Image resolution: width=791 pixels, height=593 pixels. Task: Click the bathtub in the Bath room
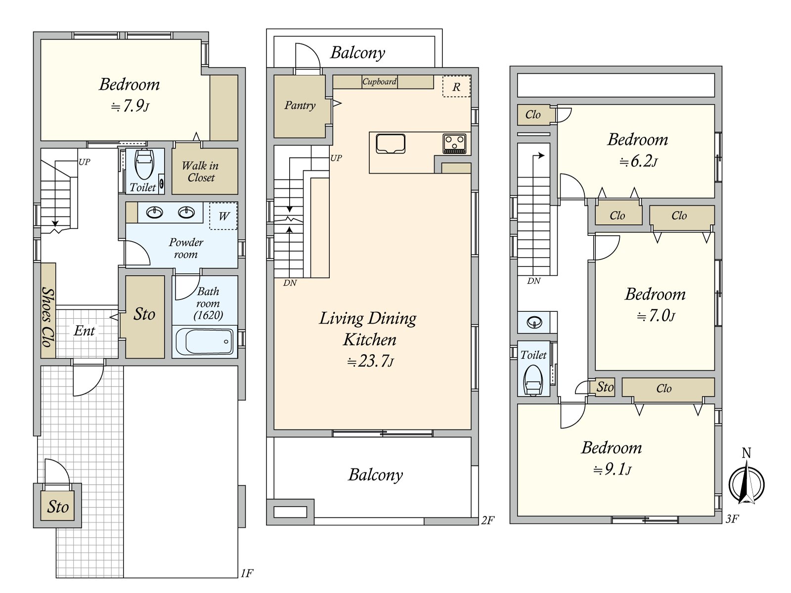click(x=205, y=341)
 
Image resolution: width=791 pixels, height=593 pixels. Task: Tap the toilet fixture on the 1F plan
click(x=144, y=164)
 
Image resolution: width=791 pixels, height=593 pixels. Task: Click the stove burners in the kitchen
click(x=454, y=144)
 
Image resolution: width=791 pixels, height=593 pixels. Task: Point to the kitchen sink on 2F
click(x=391, y=144)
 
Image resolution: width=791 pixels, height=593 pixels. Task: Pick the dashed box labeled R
click(x=456, y=86)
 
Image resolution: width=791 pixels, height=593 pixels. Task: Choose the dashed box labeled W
click(x=223, y=216)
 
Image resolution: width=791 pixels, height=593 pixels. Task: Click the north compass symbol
click(x=747, y=478)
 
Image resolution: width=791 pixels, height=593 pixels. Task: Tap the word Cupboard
click(x=380, y=82)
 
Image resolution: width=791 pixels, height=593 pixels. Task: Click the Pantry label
click(x=300, y=105)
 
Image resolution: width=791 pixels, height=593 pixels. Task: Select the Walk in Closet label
click(x=200, y=171)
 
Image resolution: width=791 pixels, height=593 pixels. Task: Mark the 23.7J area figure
click(x=370, y=361)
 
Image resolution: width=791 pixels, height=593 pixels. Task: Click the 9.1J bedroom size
click(x=612, y=469)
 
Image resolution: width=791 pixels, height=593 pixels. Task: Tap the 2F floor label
click(x=487, y=520)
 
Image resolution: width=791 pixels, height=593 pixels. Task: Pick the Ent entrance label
click(x=85, y=331)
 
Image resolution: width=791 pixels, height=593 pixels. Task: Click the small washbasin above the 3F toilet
click(x=534, y=322)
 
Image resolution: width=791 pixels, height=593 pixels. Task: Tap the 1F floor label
click(x=247, y=573)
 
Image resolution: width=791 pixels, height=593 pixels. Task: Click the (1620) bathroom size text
click(x=208, y=315)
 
